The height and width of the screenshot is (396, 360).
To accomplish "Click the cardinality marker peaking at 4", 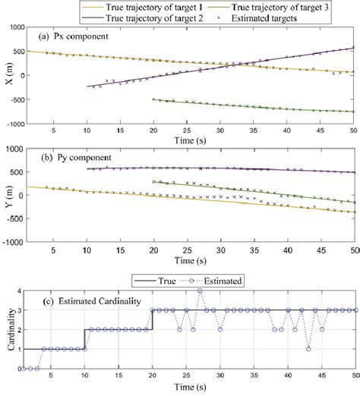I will [200, 291].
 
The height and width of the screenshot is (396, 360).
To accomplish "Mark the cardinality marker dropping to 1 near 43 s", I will [308, 349].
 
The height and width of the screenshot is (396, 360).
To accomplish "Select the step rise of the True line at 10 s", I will [85, 339].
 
